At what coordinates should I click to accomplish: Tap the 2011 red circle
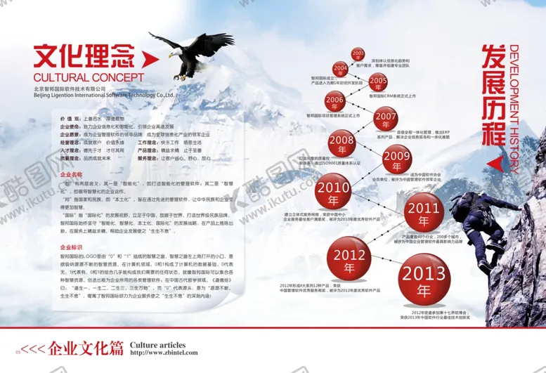pyautogui.click(x=424, y=212)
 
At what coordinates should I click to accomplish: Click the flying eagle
pyautogui.click(x=190, y=53)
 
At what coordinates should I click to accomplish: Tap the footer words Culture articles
pyautogui.click(x=158, y=344)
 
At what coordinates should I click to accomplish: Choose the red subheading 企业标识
pyautogui.click(x=72, y=247)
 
